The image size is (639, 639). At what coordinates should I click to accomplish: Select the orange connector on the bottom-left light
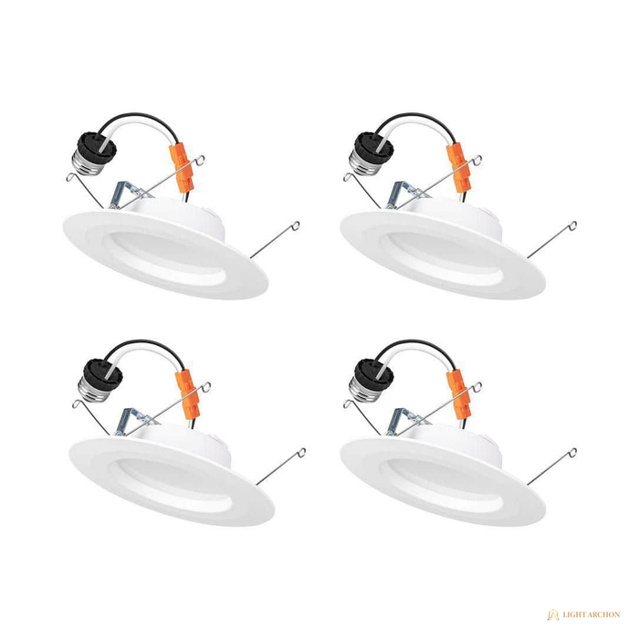point(189,394)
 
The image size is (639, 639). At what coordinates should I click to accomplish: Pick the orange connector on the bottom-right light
point(460,394)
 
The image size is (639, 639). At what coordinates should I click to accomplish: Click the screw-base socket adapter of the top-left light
point(94,154)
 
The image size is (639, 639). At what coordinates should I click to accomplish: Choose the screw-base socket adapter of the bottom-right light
point(371,381)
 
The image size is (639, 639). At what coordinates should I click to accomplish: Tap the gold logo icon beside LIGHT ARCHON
point(553,614)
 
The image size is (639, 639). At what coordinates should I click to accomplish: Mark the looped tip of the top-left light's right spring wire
point(297,225)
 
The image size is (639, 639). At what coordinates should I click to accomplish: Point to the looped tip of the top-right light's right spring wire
point(573,225)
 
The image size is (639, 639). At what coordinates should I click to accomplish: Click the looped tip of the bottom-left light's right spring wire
point(302,452)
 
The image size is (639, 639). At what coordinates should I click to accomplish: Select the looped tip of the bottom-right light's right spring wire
point(573,452)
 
